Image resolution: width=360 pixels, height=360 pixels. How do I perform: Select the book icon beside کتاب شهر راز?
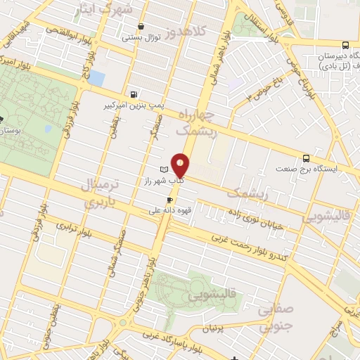pyautogui.click(x=164, y=170)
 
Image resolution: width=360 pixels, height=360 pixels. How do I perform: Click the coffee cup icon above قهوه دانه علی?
pyautogui.click(x=169, y=200)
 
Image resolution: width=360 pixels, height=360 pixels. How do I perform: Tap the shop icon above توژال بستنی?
pyautogui.click(x=141, y=27)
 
